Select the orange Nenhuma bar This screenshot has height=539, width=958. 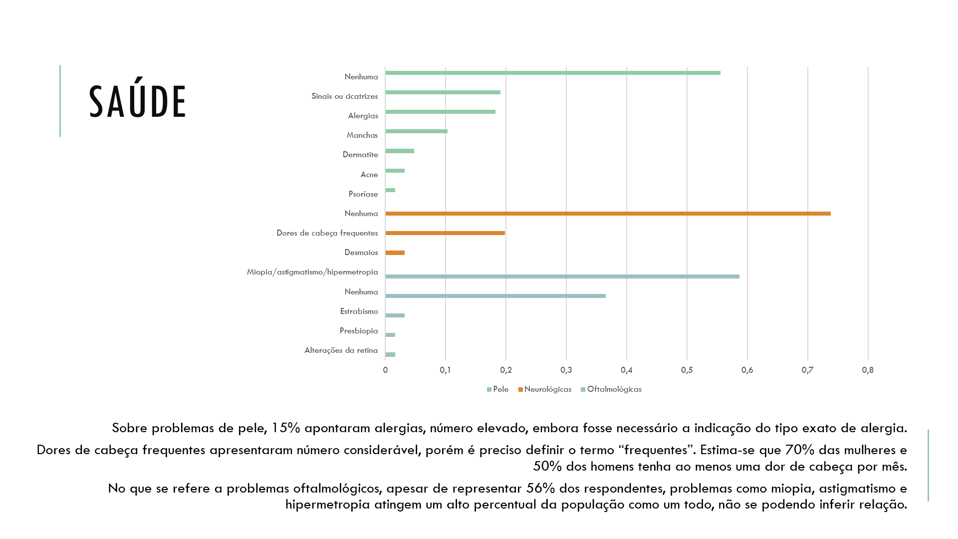tap(608, 214)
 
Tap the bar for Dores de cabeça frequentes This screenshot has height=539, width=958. tap(445, 233)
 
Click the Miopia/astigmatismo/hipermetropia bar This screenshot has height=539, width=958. tap(562, 276)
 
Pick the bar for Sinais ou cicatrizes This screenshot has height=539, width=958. tap(443, 92)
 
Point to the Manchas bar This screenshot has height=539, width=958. tap(416, 131)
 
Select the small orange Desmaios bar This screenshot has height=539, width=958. tap(395, 253)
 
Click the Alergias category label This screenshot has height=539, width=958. tap(363, 116)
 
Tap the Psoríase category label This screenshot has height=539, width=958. tap(363, 194)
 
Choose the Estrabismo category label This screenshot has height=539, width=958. tap(359, 311)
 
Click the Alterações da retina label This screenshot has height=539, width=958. tap(341, 350)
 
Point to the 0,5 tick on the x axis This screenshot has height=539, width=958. tap(687, 370)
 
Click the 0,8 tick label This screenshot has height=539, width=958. tap(868, 370)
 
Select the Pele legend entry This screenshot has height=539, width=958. tap(498, 389)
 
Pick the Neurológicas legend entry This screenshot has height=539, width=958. tap(545, 389)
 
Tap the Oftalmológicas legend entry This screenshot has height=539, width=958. tap(611, 389)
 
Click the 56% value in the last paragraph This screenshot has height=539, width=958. tap(541, 489)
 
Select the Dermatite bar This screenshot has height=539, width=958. tap(400, 151)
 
